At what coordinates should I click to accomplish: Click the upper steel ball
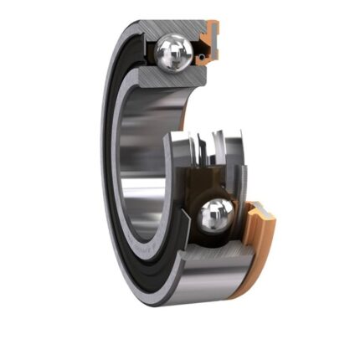point(175,53)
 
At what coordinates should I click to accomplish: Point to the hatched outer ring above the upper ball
point(167,29)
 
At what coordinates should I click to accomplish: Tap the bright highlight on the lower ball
point(210,212)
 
